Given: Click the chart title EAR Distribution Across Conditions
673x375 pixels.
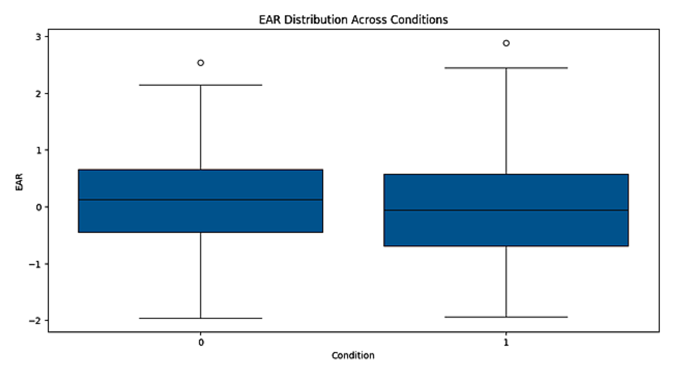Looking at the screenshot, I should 353,19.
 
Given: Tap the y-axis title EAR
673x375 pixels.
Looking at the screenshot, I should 19,182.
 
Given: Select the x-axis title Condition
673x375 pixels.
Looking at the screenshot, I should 353,356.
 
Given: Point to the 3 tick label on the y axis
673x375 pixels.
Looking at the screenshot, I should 39,37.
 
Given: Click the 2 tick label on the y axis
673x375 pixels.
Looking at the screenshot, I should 39,94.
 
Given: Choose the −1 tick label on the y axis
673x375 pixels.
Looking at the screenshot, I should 36,264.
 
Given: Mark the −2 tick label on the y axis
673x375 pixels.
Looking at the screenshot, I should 36,321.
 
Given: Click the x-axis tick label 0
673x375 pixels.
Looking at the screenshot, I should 201,342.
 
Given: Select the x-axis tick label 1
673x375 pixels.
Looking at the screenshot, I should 506,342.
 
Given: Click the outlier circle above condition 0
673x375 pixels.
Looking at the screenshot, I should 201,63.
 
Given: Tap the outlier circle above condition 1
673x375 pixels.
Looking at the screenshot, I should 506,43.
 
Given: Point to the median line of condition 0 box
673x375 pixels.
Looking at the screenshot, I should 201,200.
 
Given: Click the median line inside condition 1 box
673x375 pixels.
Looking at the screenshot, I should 506,210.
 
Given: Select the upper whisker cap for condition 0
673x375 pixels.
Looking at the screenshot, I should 201,85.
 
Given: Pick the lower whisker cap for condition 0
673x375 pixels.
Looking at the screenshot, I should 201,318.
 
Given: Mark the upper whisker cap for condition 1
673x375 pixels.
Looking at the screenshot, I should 506,68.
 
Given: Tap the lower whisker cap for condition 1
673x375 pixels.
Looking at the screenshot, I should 506,317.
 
